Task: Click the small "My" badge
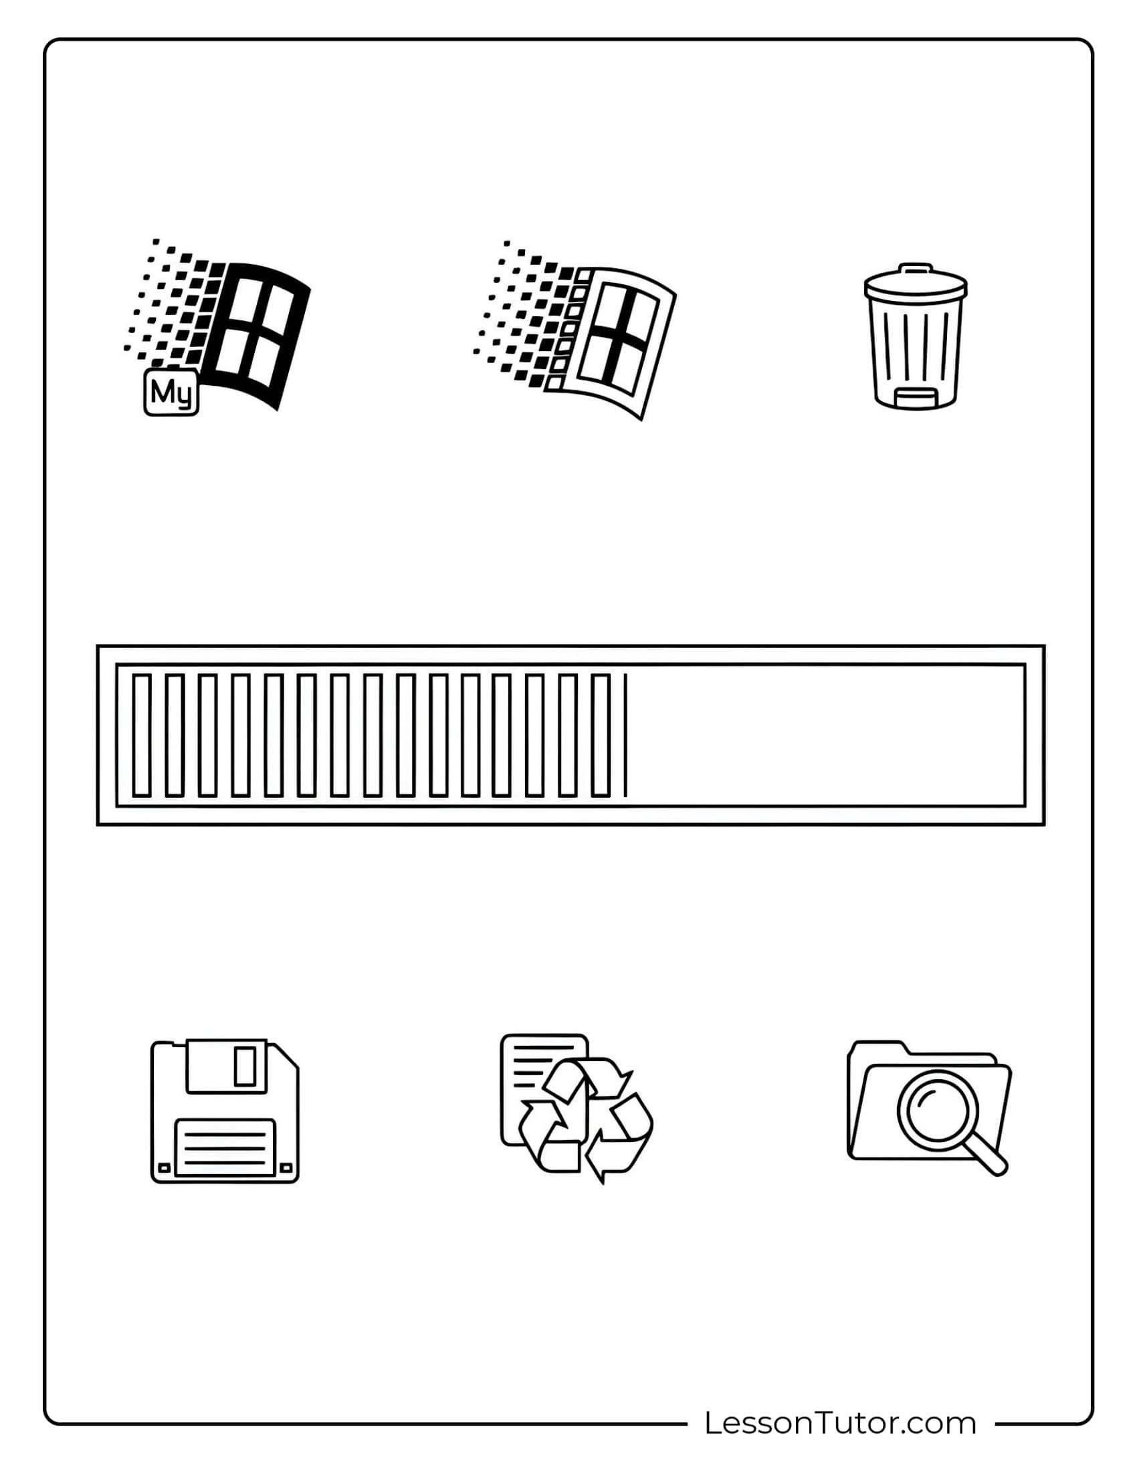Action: tap(171, 391)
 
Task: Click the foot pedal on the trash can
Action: tap(916, 399)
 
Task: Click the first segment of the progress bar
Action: tap(141, 735)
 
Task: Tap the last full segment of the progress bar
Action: tap(600, 735)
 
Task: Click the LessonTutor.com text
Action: tap(840, 1423)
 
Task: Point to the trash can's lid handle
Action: tap(916, 267)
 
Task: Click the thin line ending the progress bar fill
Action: tap(626, 735)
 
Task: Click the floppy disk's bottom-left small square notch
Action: tap(164, 1167)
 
